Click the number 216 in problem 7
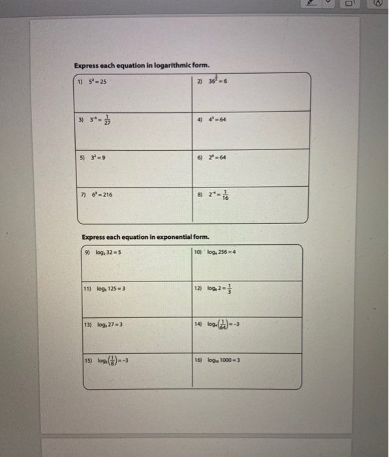[105, 195]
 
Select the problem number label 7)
[80, 195]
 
